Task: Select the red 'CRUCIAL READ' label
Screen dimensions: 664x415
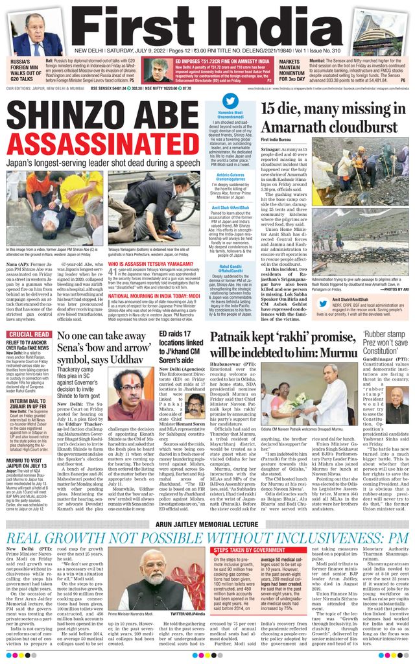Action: pos(30,335)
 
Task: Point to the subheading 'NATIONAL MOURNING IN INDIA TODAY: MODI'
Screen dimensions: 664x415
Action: pos(154,296)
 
